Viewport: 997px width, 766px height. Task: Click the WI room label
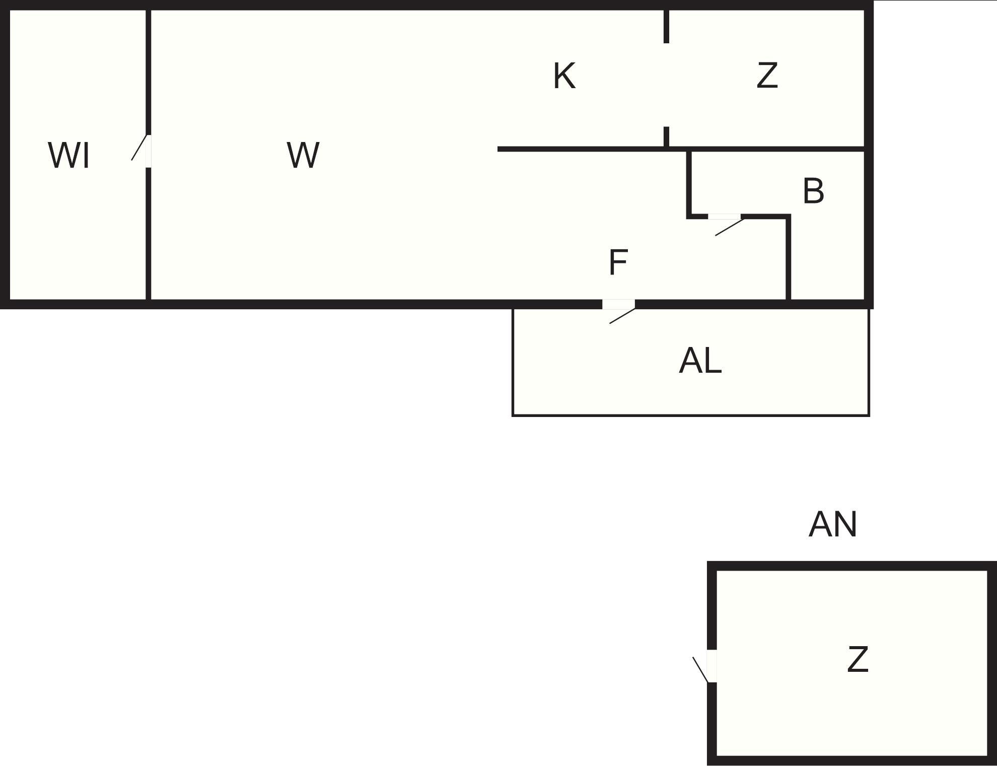click(x=69, y=156)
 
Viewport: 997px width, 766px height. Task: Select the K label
click(x=564, y=76)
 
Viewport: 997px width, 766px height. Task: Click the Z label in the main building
click(x=767, y=76)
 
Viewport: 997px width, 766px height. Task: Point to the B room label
click(x=813, y=191)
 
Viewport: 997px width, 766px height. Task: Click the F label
click(x=618, y=262)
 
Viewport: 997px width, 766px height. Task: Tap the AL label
click(x=700, y=361)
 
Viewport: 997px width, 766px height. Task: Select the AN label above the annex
click(x=832, y=525)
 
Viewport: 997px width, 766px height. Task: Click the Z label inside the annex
click(x=858, y=660)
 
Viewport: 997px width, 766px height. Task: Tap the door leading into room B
click(x=725, y=217)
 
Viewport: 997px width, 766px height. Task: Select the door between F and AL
click(x=618, y=304)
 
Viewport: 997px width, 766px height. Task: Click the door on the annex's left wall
click(x=711, y=666)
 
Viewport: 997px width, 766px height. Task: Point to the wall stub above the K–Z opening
click(x=666, y=26)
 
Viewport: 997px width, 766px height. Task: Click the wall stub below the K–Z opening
click(x=666, y=136)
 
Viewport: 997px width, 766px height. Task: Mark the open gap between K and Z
click(x=666, y=85)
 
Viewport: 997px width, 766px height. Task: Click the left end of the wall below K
click(x=500, y=149)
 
